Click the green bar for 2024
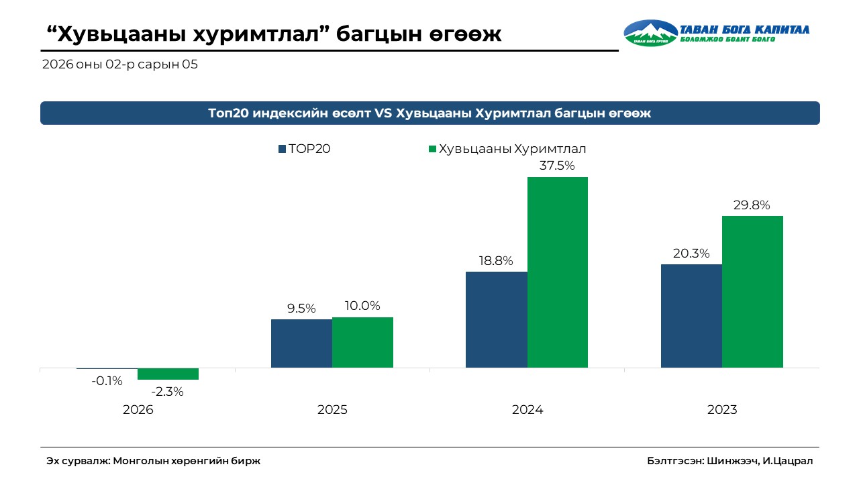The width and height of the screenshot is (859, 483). (558, 272)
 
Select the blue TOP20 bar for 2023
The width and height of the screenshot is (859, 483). (691, 315)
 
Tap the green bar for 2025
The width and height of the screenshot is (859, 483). (362, 342)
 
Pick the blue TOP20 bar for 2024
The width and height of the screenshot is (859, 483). (497, 319)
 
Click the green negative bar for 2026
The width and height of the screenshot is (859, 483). (168, 374)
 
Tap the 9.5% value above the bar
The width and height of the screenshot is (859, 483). (301, 309)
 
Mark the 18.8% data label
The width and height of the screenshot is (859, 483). (496, 260)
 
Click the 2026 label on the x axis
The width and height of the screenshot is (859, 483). (138, 409)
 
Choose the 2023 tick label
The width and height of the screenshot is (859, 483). (722, 409)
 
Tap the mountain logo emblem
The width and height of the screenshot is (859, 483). (650, 33)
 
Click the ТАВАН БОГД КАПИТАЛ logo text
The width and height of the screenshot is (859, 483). (745, 30)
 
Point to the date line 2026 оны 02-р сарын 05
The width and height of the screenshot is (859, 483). (119, 65)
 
